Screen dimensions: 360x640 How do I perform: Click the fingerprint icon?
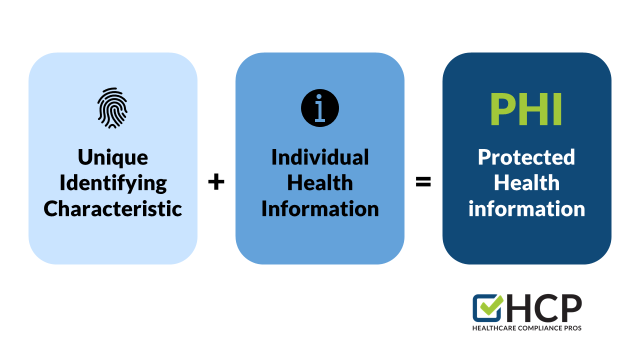coord(112,108)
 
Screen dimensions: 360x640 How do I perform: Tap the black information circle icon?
coord(320,108)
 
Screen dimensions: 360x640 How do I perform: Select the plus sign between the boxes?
coord(216,182)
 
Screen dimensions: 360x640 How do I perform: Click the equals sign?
coord(423,182)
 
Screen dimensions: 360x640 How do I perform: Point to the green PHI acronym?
coord(526,109)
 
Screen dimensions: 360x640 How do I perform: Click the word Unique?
coord(112,157)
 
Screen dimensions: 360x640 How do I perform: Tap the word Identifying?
coord(112,183)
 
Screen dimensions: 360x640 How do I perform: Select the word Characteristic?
coord(112,209)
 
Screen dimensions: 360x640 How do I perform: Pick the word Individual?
coord(320,157)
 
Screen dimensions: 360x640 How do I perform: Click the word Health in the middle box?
coord(320,183)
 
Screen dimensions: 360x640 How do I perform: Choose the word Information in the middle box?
coord(320,209)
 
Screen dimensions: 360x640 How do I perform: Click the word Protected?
coord(526,157)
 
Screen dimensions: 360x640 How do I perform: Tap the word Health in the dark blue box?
coord(526,183)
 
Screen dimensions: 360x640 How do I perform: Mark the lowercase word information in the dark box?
coord(526,209)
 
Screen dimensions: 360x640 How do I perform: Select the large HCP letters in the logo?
coord(543,308)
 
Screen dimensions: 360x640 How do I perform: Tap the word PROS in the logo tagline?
coord(573,328)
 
